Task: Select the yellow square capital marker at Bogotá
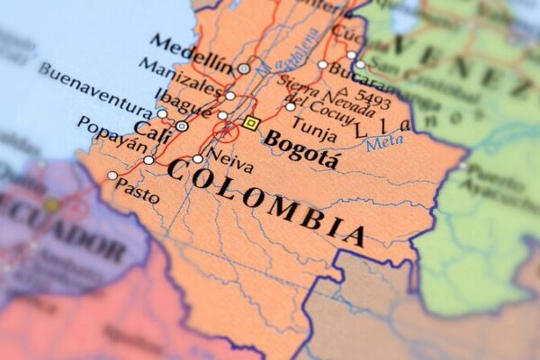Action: point(251,122)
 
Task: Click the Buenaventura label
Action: point(94,86)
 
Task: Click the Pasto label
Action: point(138,193)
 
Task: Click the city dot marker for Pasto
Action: point(112,175)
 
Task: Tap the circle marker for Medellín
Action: point(244,68)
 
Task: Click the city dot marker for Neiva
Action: point(197,159)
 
